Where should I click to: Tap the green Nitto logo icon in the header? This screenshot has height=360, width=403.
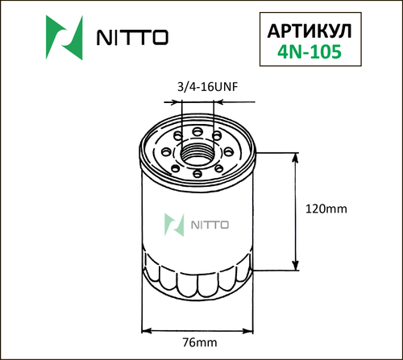[x=60, y=39]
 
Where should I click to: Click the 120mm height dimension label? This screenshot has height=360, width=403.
[x=326, y=209]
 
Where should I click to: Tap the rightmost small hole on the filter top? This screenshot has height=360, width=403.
[x=231, y=150]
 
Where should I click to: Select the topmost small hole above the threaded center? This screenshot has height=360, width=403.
[x=198, y=130]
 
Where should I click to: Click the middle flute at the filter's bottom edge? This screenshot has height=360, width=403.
[x=198, y=284]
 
